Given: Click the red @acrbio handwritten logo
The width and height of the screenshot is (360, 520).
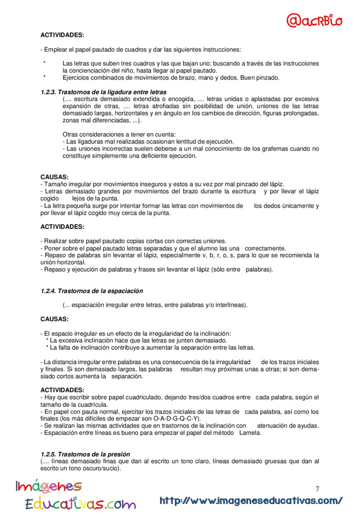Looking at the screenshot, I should point(314,20).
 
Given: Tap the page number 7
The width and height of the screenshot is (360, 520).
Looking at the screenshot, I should point(317,488).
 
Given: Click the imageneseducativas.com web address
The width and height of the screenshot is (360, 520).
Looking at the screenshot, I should point(251,500).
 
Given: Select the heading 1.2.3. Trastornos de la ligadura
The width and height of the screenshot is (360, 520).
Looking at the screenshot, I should point(103,92).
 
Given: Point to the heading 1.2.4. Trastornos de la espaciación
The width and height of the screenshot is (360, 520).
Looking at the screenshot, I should point(91,290).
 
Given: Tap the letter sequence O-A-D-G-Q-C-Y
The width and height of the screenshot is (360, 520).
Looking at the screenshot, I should point(173,418).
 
